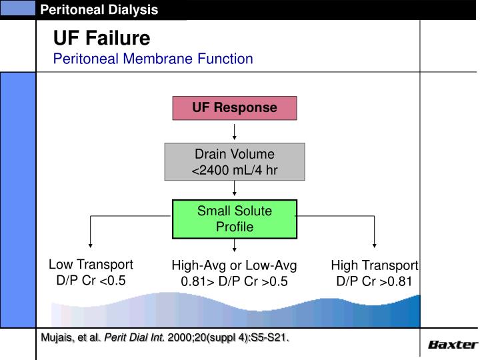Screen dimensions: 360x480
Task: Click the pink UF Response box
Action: pos(234,108)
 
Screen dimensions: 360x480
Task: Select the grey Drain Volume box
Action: pos(234,161)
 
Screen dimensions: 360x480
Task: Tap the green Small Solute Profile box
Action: pos(234,219)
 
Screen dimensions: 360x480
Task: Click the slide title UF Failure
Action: pos(101,38)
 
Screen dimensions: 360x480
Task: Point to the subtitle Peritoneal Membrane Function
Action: pos(153,59)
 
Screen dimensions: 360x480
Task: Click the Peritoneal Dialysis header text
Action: pos(99,9)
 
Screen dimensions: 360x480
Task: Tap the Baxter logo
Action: pos(452,345)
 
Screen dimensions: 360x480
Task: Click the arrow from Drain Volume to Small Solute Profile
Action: pos(235,189)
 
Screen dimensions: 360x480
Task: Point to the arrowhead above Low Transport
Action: pos(90,243)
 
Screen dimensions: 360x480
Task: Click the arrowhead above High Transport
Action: pos(375,243)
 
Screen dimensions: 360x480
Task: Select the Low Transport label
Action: pos(91,265)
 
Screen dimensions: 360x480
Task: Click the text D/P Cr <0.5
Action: pos(91,281)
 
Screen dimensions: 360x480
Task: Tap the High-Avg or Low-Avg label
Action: pos(234,265)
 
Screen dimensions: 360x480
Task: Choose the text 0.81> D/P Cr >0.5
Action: pos(234,281)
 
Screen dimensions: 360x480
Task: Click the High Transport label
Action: pos(374,265)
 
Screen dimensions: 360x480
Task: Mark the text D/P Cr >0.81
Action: pos(374,281)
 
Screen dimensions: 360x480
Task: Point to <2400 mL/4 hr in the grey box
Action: pos(234,170)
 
